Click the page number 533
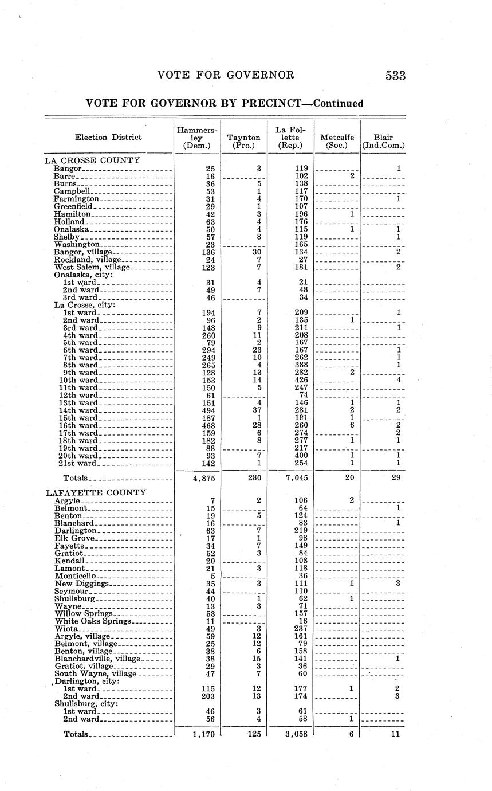(395, 76)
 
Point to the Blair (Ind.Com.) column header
(383, 141)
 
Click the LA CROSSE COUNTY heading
(92, 160)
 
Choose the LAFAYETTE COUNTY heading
(96, 492)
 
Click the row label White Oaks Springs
(93, 621)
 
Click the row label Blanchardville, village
(97, 659)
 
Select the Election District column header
(108, 137)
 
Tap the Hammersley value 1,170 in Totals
(204, 734)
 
